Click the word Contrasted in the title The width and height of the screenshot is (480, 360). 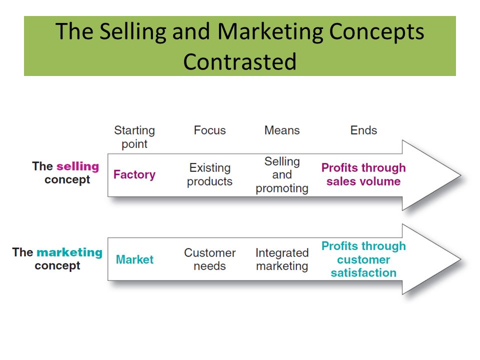click(x=240, y=61)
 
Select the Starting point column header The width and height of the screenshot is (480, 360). click(x=134, y=137)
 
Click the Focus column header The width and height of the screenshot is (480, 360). click(x=210, y=130)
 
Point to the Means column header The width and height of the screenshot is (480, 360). click(x=282, y=130)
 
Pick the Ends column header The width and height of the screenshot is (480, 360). click(x=363, y=130)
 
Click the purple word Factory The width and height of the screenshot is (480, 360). click(x=134, y=174)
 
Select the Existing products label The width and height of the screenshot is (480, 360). click(x=210, y=174)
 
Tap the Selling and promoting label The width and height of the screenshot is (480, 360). click(x=282, y=174)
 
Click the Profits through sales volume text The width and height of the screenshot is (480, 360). click(x=363, y=174)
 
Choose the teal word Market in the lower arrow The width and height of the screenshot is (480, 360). click(x=134, y=260)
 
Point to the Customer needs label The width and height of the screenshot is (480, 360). click(x=210, y=259)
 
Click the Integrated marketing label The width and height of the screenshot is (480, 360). click(x=282, y=259)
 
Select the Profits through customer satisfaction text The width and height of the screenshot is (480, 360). click(x=363, y=259)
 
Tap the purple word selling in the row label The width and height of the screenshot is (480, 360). click(x=77, y=166)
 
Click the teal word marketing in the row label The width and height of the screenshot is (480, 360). click(x=69, y=252)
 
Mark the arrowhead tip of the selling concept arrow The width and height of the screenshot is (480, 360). click(x=459, y=175)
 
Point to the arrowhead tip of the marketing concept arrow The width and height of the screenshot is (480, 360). click(x=459, y=259)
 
